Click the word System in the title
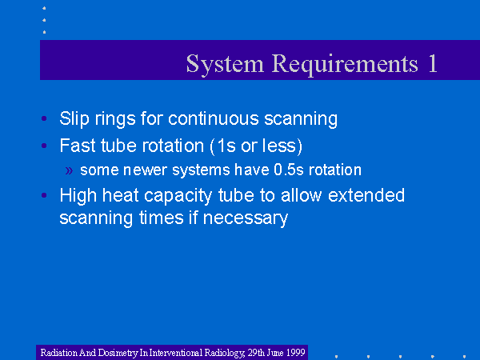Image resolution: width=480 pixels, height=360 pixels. [x=225, y=65]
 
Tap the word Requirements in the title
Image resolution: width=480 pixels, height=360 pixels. [x=345, y=65]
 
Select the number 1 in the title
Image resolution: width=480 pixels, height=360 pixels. [x=433, y=63]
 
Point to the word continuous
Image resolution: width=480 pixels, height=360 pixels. [x=214, y=118]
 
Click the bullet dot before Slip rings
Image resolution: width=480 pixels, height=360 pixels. [x=44, y=118]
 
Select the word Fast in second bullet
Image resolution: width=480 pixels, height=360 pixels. [x=78, y=146]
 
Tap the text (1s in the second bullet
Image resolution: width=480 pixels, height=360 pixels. [x=222, y=146]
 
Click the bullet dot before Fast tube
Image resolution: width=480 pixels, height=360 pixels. [x=44, y=146]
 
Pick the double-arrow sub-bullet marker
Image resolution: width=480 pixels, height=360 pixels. [x=69, y=171]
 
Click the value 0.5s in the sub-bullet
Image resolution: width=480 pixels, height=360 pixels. [x=289, y=170]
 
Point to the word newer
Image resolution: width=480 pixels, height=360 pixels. [x=145, y=170]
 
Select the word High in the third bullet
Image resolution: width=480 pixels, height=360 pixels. [x=78, y=196]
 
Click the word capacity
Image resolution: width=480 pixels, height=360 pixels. [x=178, y=196]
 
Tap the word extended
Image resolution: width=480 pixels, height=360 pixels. [x=366, y=195]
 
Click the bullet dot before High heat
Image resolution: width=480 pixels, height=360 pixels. [x=44, y=195]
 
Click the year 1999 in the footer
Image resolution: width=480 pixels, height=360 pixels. [x=296, y=353]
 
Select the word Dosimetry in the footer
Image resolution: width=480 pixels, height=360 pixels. [x=118, y=353]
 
